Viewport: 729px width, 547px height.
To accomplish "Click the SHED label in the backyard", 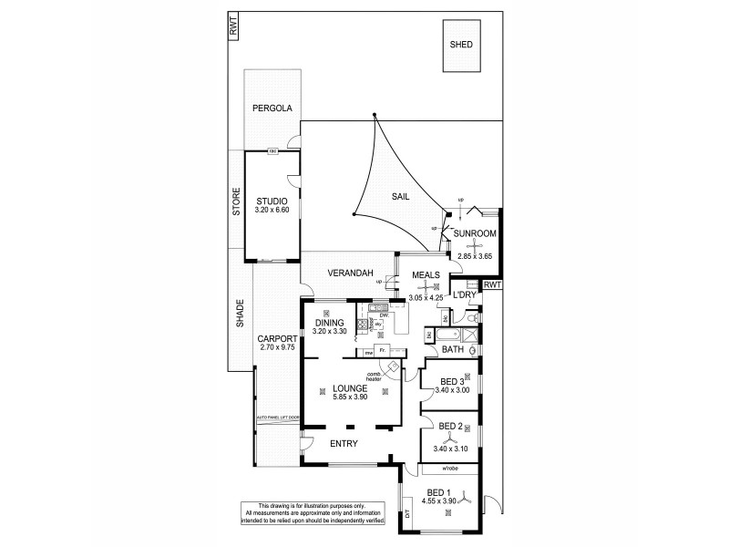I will point(462,45).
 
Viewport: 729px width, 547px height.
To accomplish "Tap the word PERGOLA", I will point(272,108).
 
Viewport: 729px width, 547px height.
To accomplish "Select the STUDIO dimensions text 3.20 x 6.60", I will point(272,210).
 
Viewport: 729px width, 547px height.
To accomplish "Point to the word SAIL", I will point(400,196).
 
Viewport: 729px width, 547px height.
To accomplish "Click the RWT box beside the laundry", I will point(492,285).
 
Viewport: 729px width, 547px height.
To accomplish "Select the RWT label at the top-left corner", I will point(232,26).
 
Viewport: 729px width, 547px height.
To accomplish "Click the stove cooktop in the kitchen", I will point(363,324).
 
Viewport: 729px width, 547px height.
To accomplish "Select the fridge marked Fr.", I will point(385,350).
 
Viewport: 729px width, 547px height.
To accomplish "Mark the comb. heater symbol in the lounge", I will point(393,366).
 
